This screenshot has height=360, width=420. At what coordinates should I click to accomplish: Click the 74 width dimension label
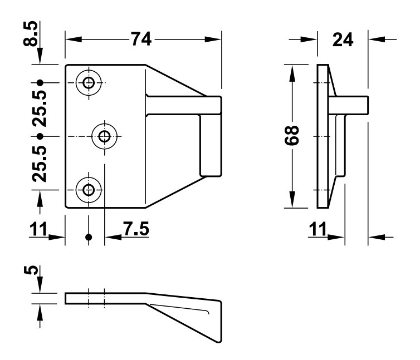[x=143, y=39]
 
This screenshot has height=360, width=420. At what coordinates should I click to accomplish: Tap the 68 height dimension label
[x=295, y=136]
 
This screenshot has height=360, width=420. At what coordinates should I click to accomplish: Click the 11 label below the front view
[x=37, y=229]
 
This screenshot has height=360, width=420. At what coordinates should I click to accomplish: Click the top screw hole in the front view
[x=89, y=83]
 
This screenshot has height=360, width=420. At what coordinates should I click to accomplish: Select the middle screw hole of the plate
[x=105, y=136]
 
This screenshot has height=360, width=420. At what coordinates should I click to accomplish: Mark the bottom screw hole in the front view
[x=89, y=190]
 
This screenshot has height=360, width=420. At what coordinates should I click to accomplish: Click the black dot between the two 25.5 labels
[x=40, y=136]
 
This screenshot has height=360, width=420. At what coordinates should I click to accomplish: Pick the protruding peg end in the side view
[x=362, y=105]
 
